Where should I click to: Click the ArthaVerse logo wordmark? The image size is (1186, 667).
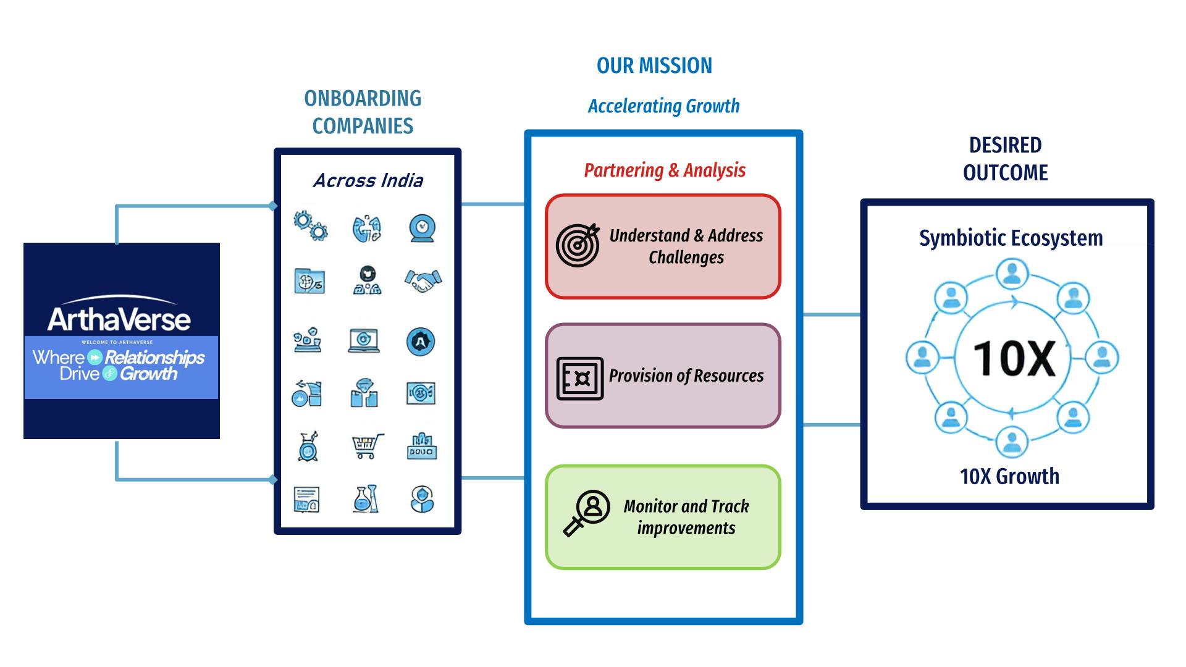pyautogui.click(x=119, y=319)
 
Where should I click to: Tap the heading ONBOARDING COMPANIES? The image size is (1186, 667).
pyautogui.click(x=363, y=112)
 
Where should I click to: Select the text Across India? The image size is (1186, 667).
pyautogui.click(x=368, y=180)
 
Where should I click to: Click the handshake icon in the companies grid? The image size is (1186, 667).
pyautogui.click(x=423, y=280)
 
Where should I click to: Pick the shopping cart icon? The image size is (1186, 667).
pyautogui.click(x=367, y=446)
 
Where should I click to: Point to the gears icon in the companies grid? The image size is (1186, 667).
pyautogui.click(x=310, y=225)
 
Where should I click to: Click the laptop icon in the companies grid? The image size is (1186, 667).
pyautogui.click(x=364, y=340)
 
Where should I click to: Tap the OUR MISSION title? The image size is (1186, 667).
pyautogui.click(x=654, y=65)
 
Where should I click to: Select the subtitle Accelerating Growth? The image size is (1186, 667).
pyautogui.click(x=663, y=106)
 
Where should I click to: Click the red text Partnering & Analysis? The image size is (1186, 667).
pyautogui.click(x=665, y=170)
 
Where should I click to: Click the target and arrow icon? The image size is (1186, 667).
pyautogui.click(x=578, y=245)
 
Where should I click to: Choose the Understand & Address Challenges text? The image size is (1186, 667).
pyautogui.click(x=686, y=246)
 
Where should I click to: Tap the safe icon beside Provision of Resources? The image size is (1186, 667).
pyautogui.click(x=580, y=378)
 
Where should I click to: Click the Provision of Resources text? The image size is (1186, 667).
pyautogui.click(x=686, y=376)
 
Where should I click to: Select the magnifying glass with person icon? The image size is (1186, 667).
pyautogui.click(x=586, y=513)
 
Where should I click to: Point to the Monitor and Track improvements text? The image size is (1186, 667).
pyautogui.click(x=686, y=517)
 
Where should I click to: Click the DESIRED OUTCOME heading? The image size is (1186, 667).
pyautogui.click(x=1005, y=159)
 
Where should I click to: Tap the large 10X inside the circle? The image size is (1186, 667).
pyautogui.click(x=1013, y=359)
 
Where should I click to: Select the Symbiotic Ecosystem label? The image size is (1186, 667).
pyautogui.click(x=1011, y=238)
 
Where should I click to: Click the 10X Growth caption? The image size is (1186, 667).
pyautogui.click(x=1009, y=476)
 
